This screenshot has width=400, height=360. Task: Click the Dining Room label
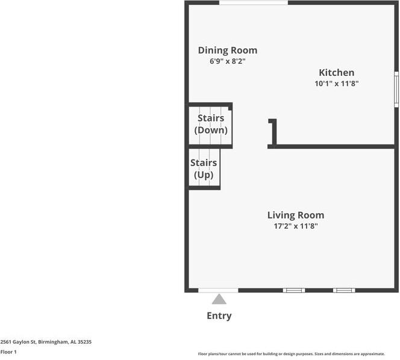pyautogui.click(x=227, y=51)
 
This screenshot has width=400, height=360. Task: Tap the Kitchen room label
pyautogui.click(x=336, y=73)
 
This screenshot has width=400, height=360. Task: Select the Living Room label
pyautogui.click(x=295, y=215)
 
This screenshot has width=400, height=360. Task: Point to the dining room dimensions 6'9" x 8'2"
pyautogui.click(x=223, y=61)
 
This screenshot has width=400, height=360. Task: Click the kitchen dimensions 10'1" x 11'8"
pyautogui.click(x=336, y=84)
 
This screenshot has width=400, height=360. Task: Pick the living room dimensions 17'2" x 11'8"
pyautogui.click(x=295, y=226)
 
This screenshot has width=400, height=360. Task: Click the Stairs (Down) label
pyautogui.click(x=211, y=124)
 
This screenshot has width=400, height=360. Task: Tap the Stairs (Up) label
pyautogui.click(x=204, y=169)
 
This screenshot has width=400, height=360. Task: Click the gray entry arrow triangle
pyautogui.click(x=219, y=299)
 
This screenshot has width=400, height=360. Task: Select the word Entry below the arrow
pyautogui.click(x=219, y=315)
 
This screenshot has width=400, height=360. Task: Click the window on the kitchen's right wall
pyautogui.click(x=396, y=90)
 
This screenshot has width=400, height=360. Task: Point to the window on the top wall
pyautogui.click(x=253, y=3)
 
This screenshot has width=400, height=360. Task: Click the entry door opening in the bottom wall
pyautogui.click(x=218, y=290)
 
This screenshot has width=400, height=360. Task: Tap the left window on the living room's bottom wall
pyautogui.click(x=294, y=290)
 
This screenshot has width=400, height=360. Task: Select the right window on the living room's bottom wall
pyautogui.click(x=344, y=290)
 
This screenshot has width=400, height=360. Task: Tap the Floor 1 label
pyautogui.click(x=8, y=352)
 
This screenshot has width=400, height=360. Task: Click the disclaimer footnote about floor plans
pyautogui.click(x=291, y=354)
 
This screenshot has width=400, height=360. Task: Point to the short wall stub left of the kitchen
pyautogui.click(x=273, y=132)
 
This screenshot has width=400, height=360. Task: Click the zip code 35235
pyautogui.click(x=85, y=342)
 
